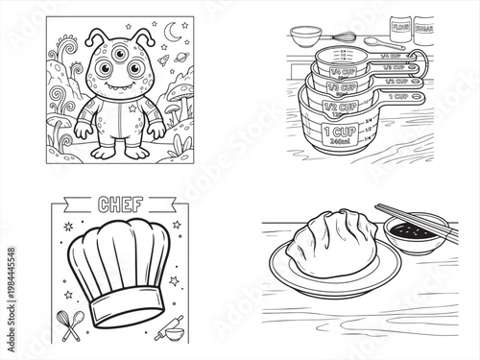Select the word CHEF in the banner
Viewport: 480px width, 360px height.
(122, 203)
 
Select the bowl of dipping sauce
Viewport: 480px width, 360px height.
(417, 233)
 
